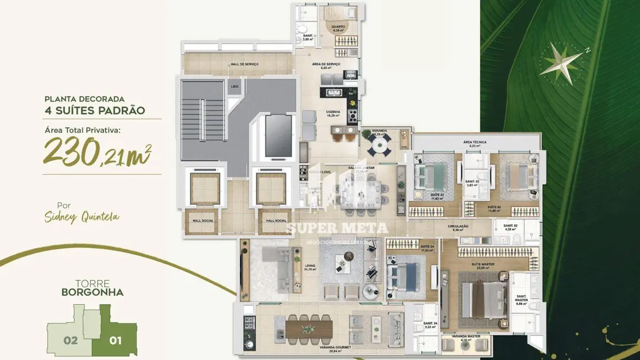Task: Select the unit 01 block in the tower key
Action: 115,339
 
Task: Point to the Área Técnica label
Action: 475,143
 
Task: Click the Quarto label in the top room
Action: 338,28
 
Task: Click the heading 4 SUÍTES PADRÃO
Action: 95,110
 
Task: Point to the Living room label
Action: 310,268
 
